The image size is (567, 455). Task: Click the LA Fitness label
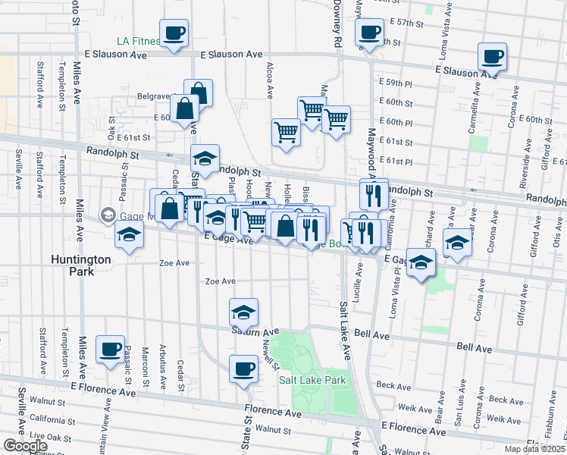tap(138, 41)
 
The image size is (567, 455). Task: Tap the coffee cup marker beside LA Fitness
tap(174, 33)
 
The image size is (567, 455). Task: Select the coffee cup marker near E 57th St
tap(369, 32)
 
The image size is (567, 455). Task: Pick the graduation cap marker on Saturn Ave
tap(243, 312)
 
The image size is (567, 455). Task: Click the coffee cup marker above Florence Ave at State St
tap(243, 369)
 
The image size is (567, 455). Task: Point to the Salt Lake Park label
tap(312, 381)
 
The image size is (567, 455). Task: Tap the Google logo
tap(25, 446)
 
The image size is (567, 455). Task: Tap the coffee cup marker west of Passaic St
tap(110, 349)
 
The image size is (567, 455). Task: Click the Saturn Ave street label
tap(256, 332)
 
